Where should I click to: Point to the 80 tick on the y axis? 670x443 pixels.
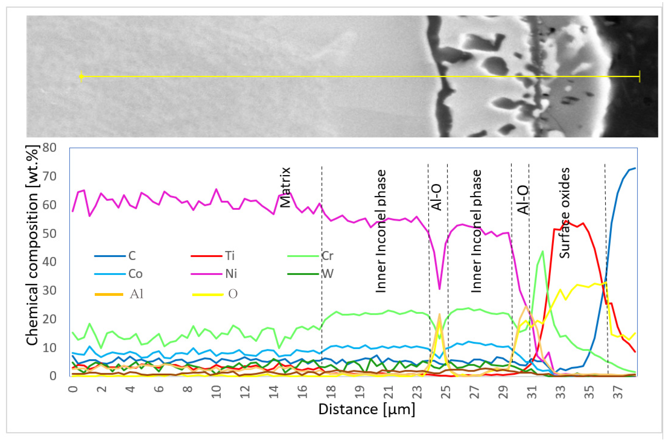[49, 148]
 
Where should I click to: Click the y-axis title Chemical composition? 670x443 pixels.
[32, 246]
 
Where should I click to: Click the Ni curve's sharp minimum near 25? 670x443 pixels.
[439, 289]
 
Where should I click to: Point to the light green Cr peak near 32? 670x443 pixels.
[542, 251]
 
